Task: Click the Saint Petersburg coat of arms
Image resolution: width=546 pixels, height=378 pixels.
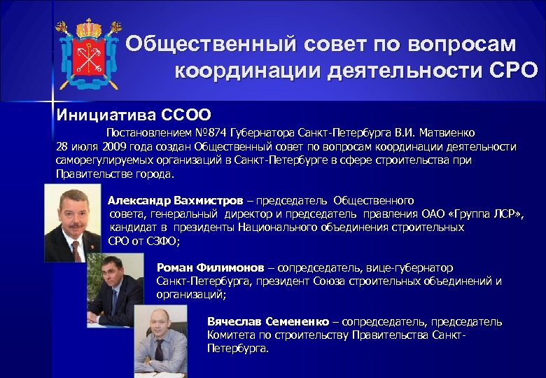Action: (88, 52)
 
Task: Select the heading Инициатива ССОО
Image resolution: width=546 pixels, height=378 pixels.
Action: (132, 113)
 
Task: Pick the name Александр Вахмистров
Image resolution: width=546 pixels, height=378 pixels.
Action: (175, 200)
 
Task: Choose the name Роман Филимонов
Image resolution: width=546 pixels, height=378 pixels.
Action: (210, 267)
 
